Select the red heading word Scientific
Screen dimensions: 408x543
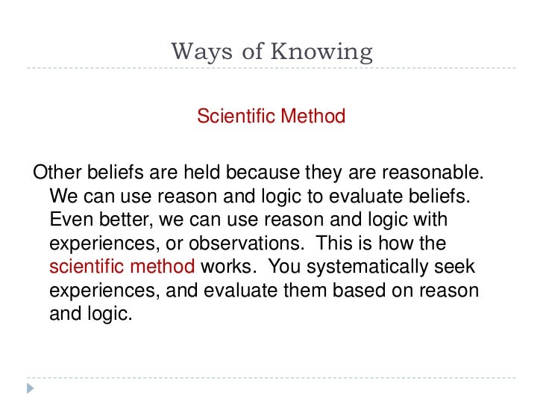coord(234,117)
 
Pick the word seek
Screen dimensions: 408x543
coord(459,267)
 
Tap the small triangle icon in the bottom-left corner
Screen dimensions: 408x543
coord(31,389)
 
